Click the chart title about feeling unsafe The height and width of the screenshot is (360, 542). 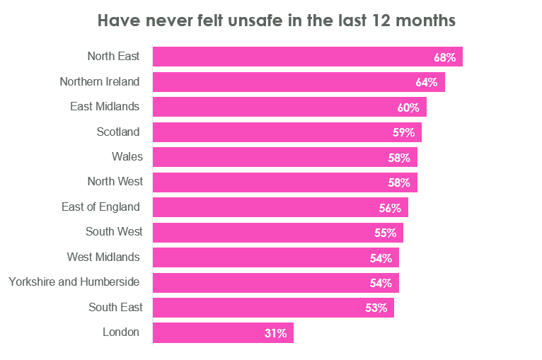click(x=276, y=21)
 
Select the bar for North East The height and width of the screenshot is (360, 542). click(x=307, y=57)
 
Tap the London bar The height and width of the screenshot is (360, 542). click(x=223, y=333)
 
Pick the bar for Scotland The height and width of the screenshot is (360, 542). click(x=287, y=132)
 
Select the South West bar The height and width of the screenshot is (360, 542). click(x=277, y=233)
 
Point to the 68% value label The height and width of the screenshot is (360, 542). click(x=444, y=57)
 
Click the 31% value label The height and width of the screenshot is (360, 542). click(x=275, y=333)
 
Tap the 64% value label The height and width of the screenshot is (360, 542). click(x=427, y=82)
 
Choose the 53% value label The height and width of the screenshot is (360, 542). click(x=376, y=308)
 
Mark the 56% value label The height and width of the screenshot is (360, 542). click(x=390, y=208)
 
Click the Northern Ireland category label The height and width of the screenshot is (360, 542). click(x=100, y=81)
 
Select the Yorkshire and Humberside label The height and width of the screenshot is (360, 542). click(x=74, y=281)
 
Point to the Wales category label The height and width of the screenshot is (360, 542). click(x=127, y=156)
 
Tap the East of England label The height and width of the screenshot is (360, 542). click(x=100, y=207)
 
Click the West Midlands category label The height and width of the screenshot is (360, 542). click(x=103, y=257)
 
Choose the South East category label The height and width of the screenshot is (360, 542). click(x=115, y=307)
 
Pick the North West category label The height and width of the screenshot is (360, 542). click(x=115, y=181)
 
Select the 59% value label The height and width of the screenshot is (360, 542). click(x=403, y=132)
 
